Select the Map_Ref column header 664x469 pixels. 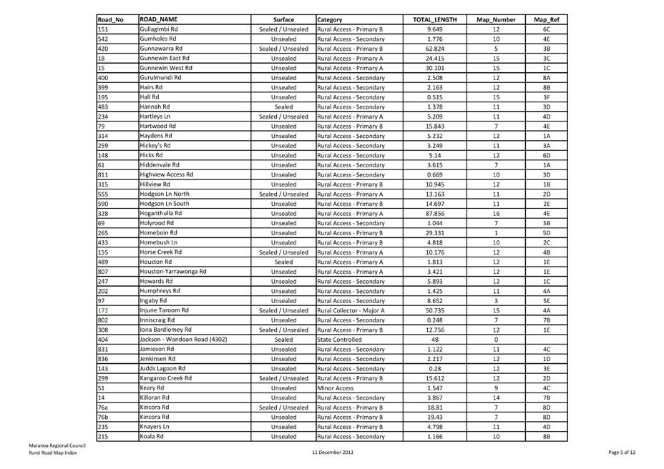[x=546, y=20]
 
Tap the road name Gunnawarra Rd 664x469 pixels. [x=161, y=49]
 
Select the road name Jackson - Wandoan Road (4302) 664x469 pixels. [x=183, y=339]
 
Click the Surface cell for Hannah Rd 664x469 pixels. [x=283, y=107]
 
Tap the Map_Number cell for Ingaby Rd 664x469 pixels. [x=496, y=300]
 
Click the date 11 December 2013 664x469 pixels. [x=333, y=453]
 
